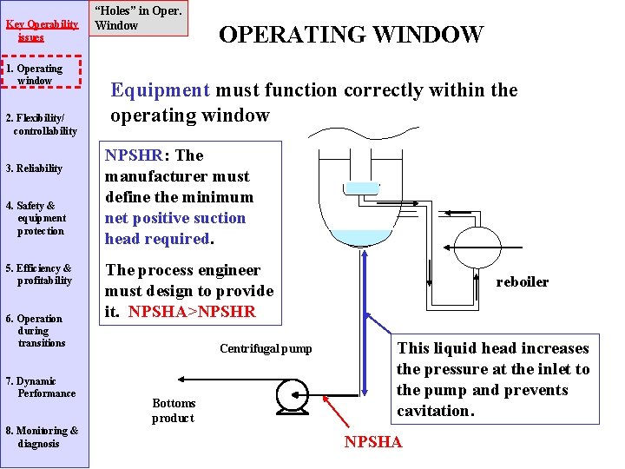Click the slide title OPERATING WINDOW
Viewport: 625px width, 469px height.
coord(351,35)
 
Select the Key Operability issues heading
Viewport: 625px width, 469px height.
coord(36,30)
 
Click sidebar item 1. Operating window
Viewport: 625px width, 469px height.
coord(40,75)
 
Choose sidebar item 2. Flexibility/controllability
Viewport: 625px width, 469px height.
coord(40,124)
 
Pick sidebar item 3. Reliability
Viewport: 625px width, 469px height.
coord(34,168)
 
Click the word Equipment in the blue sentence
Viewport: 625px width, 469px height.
coord(160,90)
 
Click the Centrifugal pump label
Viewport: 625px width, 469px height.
coord(265,349)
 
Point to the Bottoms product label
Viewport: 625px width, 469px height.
coord(174,410)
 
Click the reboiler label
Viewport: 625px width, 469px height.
coord(522,282)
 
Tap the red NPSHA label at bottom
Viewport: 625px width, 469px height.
coord(373,442)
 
